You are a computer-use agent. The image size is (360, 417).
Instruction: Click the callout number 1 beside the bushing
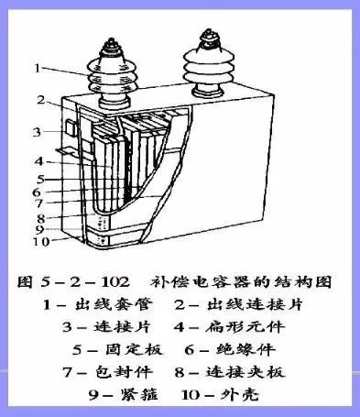coord(37,67)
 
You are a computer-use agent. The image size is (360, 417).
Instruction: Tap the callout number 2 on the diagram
coord(41,99)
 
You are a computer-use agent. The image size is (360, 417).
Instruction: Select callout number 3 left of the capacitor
coord(38,132)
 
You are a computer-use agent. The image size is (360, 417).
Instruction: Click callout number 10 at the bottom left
coord(39,242)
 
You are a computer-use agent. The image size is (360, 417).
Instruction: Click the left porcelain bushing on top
coord(99,71)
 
